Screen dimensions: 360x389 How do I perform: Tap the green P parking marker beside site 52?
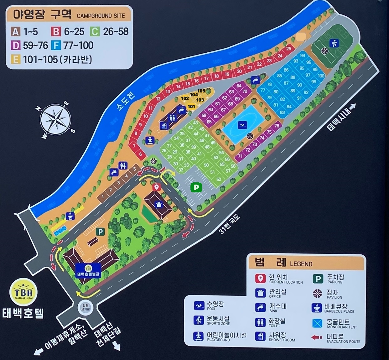tap(196, 187)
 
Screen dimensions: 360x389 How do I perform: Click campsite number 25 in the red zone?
tap(289, 49)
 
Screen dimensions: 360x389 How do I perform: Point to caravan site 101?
tap(191, 107)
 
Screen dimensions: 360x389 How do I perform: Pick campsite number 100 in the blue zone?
tap(321, 76)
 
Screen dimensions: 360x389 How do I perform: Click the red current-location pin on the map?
tap(156, 187)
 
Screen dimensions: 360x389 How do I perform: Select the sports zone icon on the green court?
tap(334, 43)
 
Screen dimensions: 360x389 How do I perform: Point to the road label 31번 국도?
tap(230, 224)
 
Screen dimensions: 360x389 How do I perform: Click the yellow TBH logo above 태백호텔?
tap(23, 293)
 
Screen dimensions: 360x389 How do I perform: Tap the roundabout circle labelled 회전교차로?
tap(86, 307)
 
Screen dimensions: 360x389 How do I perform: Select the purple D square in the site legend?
tap(16, 46)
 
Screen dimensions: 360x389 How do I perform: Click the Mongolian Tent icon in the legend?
tap(317, 323)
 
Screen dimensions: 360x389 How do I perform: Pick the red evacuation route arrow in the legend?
tap(317, 337)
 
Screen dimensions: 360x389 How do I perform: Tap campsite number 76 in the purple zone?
tap(277, 126)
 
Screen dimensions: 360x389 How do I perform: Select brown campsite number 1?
tap(102, 197)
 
